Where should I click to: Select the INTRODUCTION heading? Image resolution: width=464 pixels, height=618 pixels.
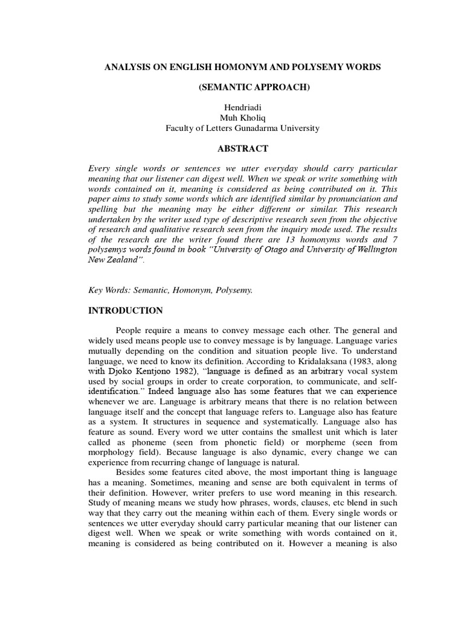126,311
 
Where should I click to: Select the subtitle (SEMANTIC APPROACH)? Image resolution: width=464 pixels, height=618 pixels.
254,88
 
